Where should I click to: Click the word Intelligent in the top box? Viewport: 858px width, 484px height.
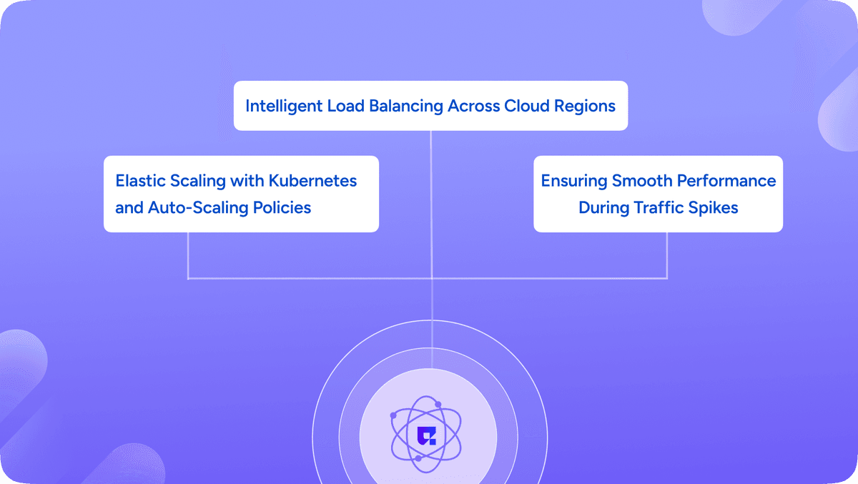click(284, 106)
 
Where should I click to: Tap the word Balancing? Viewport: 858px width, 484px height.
click(405, 106)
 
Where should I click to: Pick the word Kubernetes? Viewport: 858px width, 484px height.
click(312, 180)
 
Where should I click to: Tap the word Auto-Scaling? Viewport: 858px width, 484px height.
click(198, 207)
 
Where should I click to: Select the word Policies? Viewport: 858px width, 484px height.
click(282, 207)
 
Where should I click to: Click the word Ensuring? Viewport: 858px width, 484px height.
click(573, 181)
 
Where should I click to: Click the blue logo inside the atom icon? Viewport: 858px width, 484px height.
click(426, 436)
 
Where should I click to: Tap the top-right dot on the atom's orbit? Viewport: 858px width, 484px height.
click(438, 405)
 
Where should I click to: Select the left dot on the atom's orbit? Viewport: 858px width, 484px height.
click(393, 415)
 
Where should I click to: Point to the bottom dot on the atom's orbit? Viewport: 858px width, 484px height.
click(418, 458)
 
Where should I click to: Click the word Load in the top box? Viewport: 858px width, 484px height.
click(345, 106)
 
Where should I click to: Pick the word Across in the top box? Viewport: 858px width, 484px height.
click(473, 106)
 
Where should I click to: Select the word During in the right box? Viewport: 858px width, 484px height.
click(603, 207)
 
